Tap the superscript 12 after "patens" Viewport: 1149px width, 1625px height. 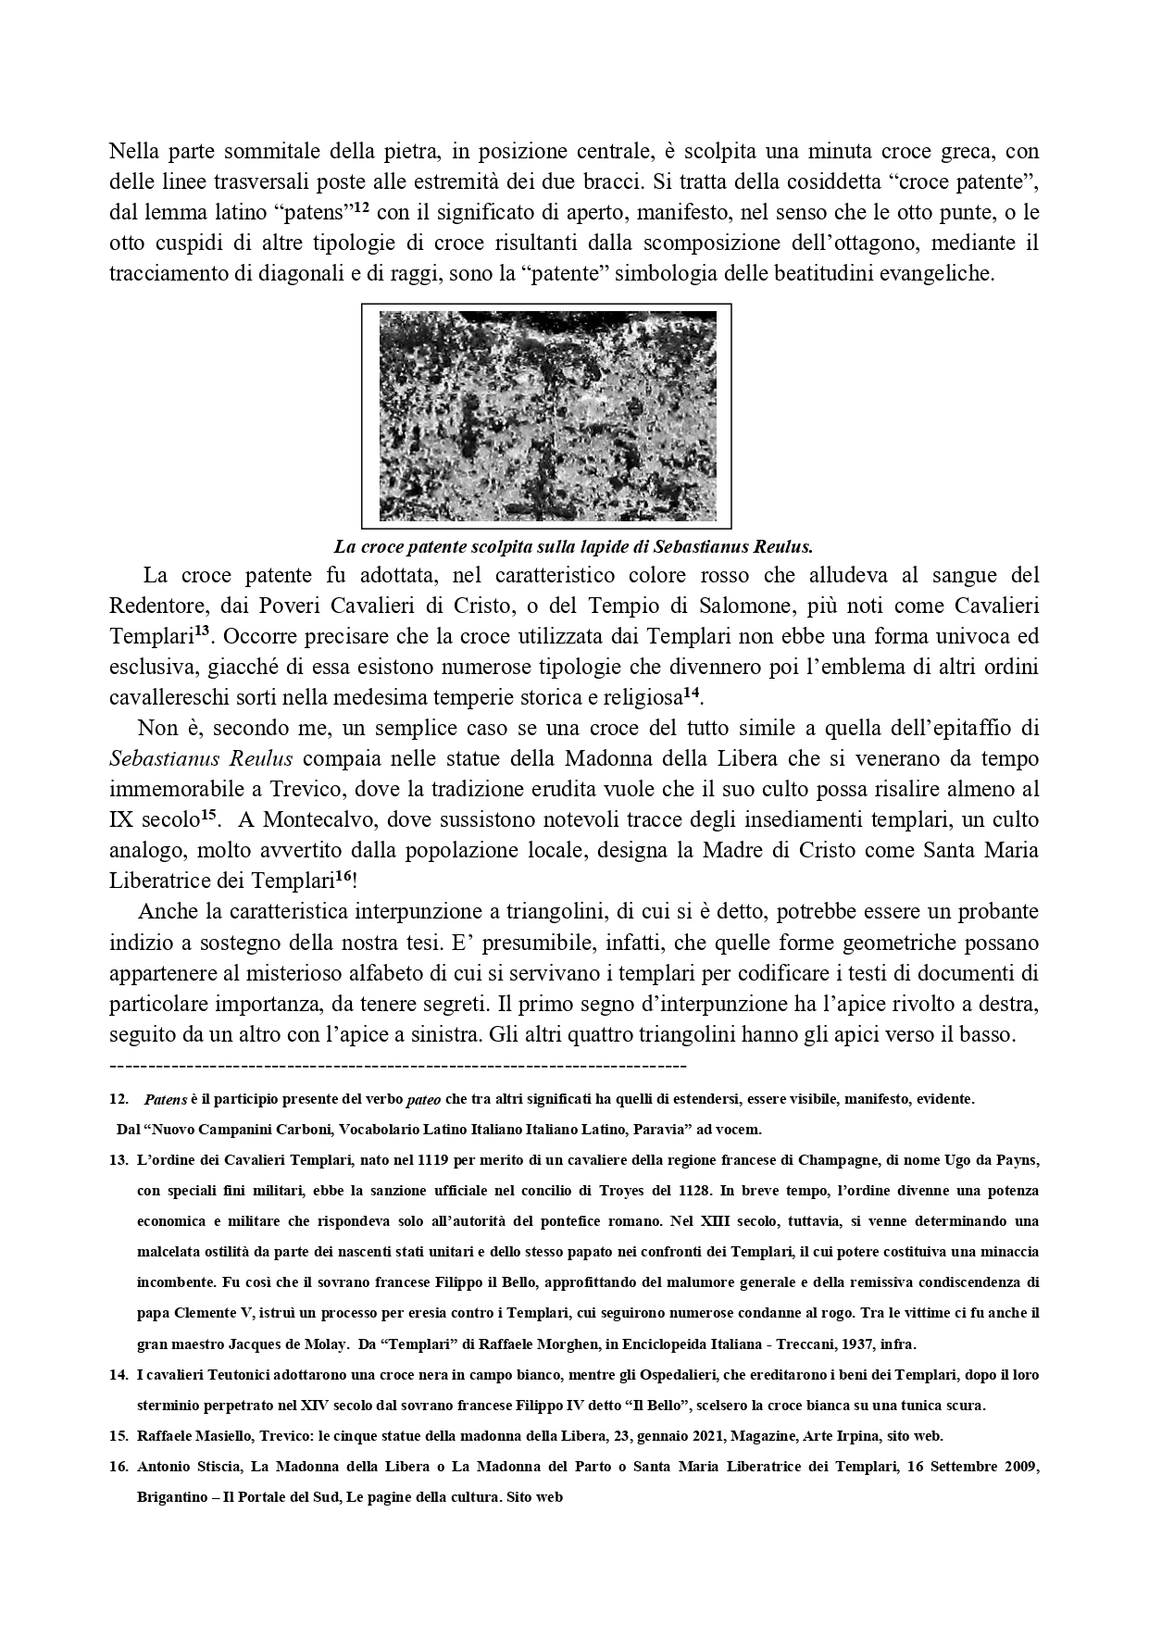pyautogui.click(x=362, y=208)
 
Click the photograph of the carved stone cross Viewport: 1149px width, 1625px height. pyautogui.click(x=547, y=416)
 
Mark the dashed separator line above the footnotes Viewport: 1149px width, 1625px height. pyautogui.click(x=397, y=1066)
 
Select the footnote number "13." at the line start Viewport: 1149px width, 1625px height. pyautogui.click(x=119, y=1159)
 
